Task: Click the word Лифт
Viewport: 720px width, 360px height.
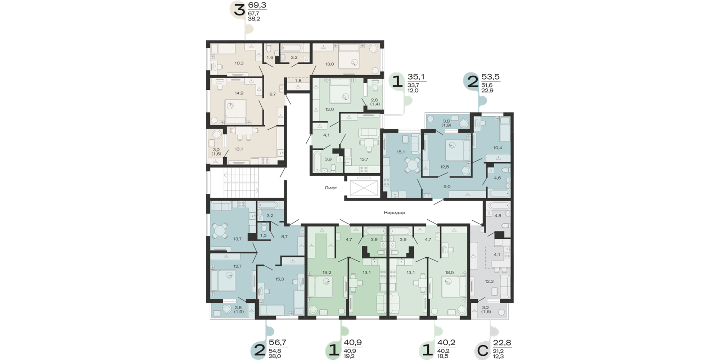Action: [x=330, y=188]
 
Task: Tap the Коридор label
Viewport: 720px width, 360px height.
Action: [x=394, y=213]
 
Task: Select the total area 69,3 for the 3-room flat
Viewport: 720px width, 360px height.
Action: [x=257, y=5]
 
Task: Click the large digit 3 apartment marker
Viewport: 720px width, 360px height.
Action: [x=239, y=10]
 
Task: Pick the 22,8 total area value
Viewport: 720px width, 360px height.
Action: [x=502, y=343]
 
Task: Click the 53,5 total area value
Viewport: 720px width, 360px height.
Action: [x=490, y=77]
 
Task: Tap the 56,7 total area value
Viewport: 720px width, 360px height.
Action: [x=278, y=343]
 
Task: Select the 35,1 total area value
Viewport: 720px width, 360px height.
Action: [x=416, y=77]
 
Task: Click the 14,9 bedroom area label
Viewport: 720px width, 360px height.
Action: [x=239, y=93]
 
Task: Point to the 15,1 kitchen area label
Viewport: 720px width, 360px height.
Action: [x=400, y=152]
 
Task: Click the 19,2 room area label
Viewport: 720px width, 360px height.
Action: [x=327, y=273]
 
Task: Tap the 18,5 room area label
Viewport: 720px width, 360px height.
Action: [x=449, y=273]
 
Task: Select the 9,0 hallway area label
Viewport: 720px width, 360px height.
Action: [x=447, y=186]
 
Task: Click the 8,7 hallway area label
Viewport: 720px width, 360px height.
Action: [x=284, y=237]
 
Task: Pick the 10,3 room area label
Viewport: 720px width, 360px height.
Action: [x=239, y=63]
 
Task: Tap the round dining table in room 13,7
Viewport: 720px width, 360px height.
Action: [x=219, y=231]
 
